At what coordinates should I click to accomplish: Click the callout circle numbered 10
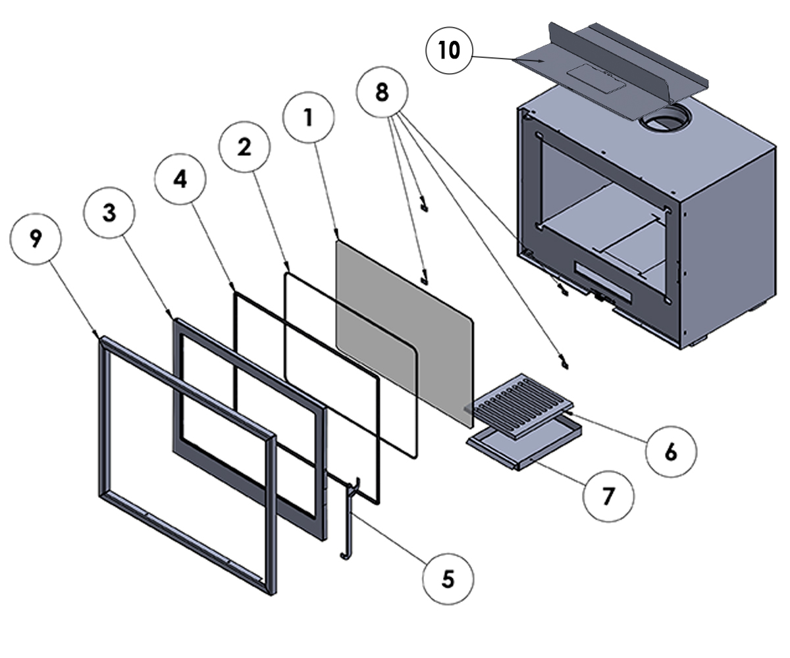[x=450, y=51]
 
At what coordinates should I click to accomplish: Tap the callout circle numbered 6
[x=670, y=451]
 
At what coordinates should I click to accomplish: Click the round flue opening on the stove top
[x=666, y=119]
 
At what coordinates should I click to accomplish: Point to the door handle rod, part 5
[x=348, y=520]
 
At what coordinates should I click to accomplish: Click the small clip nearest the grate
[x=564, y=361]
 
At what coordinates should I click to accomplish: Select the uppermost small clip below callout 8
[x=425, y=205]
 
